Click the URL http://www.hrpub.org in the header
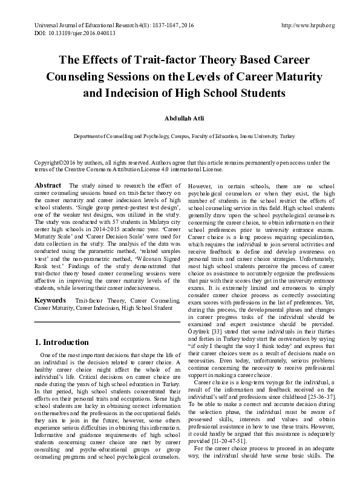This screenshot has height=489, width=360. (309, 25)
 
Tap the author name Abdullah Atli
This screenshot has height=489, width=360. (180, 119)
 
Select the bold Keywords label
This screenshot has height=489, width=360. (50, 300)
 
